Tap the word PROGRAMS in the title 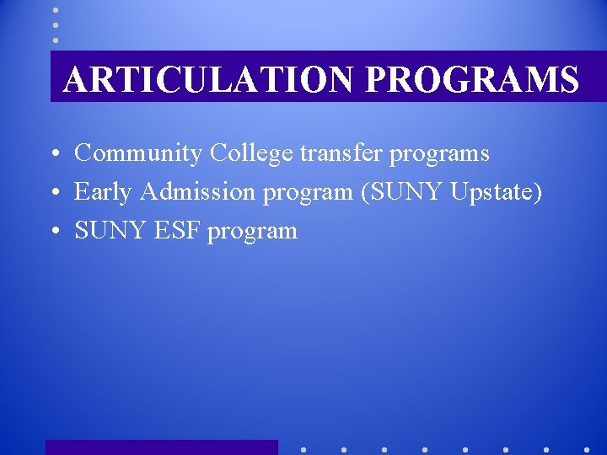(x=472, y=80)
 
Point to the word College (x=251, y=153)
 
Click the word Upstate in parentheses (x=496, y=193)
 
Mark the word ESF (x=175, y=231)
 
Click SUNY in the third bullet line (x=106, y=231)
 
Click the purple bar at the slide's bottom (x=161, y=447)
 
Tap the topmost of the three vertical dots (x=56, y=10)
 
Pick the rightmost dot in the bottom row (x=587, y=449)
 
